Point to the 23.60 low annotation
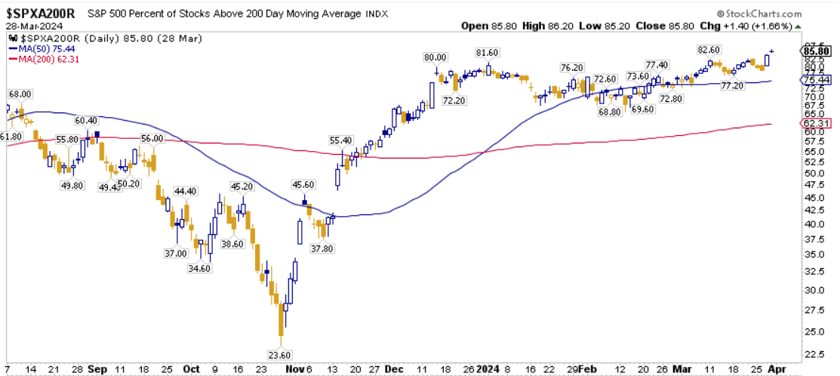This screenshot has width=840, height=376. coord(280,355)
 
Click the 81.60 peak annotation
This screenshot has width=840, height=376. coord(487,52)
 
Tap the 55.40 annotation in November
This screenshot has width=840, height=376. coord(341,140)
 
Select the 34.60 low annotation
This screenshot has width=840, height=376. coord(200,268)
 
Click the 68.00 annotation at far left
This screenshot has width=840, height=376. coord(20,94)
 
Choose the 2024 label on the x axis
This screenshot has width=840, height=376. coord(487,369)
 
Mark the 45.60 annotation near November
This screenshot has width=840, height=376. coord(303,184)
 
